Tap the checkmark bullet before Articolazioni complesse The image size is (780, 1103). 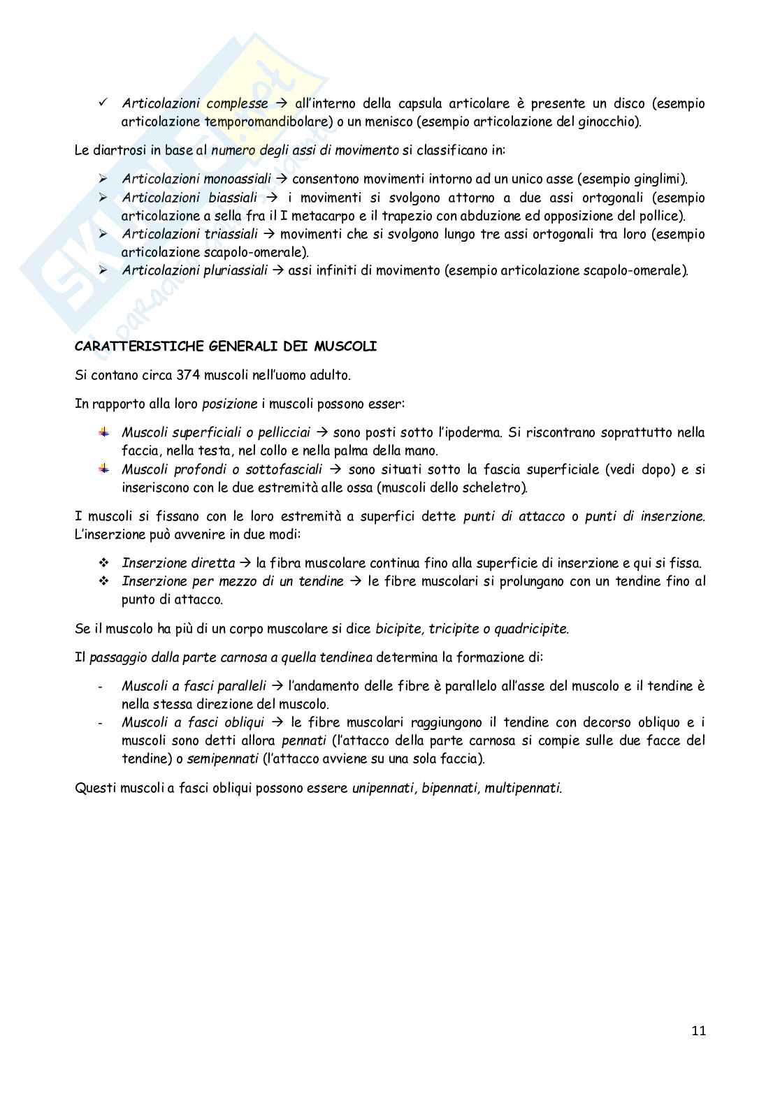(x=103, y=103)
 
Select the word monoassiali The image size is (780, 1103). (x=237, y=179)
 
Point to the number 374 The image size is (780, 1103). (x=188, y=375)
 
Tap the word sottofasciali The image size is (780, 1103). (x=284, y=469)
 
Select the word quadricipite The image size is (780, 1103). (x=531, y=629)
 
